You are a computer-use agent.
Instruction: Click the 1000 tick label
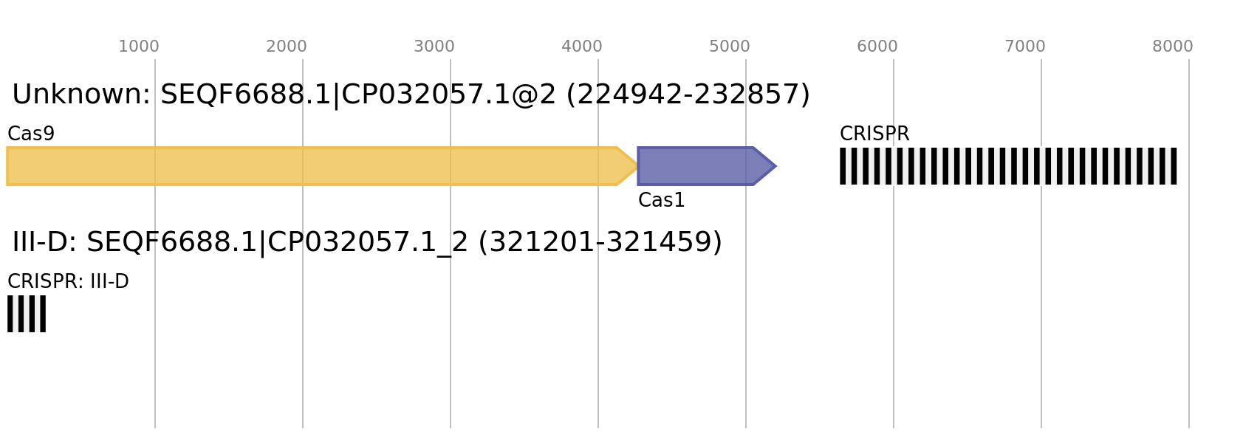pyautogui.click(x=139, y=47)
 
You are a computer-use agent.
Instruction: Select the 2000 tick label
pyautogui.click(x=287, y=47)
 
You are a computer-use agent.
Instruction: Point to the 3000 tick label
pyautogui.click(x=434, y=47)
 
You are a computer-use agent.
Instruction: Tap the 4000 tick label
pyautogui.click(x=582, y=47)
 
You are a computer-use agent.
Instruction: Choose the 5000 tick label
pyautogui.click(x=730, y=47)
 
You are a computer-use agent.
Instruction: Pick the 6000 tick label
pyautogui.click(x=877, y=47)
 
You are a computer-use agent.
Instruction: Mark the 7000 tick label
pyautogui.click(x=1025, y=47)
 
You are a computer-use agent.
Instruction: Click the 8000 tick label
pyautogui.click(x=1173, y=47)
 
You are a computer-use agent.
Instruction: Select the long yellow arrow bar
pyautogui.click(x=310, y=166)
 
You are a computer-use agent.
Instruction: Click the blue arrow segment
pyautogui.click(x=694, y=166)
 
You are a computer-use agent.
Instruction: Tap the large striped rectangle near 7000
pyautogui.click(x=1008, y=166)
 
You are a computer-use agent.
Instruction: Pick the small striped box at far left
pyautogui.click(x=27, y=314)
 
